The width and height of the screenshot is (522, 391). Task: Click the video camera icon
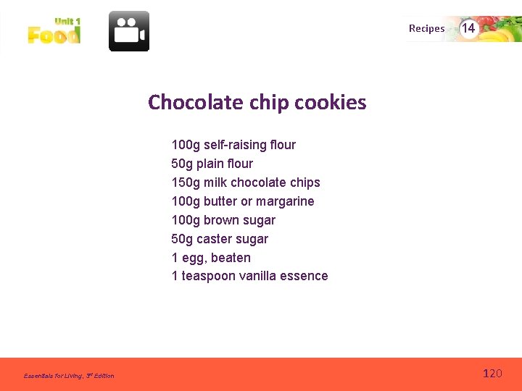pyautogui.click(x=129, y=31)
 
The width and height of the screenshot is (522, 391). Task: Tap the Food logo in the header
pyautogui.click(x=54, y=32)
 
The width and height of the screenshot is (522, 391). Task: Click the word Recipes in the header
pyautogui.click(x=426, y=29)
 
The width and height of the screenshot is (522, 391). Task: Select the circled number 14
pyautogui.click(x=469, y=28)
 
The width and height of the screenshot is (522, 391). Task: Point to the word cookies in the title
pyautogui.click(x=331, y=102)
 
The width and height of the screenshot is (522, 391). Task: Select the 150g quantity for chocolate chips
pyautogui.click(x=186, y=182)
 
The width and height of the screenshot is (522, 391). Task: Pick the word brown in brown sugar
pyautogui.click(x=220, y=220)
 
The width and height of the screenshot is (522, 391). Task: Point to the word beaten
pyautogui.click(x=231, y=258)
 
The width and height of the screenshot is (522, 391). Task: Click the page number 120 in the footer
pyautogui.click(x=492, y=374)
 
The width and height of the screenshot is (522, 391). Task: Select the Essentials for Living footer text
pyautogui.click(x=69, y=375)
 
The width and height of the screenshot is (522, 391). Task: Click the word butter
pyautogui.click(x=220, y=201)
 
